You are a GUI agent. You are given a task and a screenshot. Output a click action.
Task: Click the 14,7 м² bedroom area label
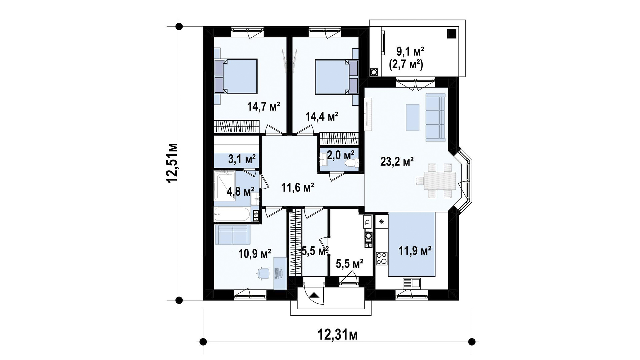click(x=263, y=107)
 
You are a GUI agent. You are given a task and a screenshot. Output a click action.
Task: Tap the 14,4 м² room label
click(x=322, y=116)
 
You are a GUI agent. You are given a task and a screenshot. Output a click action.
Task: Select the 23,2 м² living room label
click(x=397, y=162)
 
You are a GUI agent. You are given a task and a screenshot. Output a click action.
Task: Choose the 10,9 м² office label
click(x=255, y=254)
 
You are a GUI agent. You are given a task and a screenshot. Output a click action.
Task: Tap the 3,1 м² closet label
click(x=242, y=158)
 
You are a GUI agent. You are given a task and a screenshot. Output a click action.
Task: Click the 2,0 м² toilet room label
click(x=340, y=155)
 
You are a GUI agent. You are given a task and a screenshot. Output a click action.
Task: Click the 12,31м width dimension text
click(x=337, y=334)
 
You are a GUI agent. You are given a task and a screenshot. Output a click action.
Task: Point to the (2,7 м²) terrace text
click(x=406, y=64)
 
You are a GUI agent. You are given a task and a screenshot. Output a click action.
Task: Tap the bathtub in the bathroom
click(x=232, y=215)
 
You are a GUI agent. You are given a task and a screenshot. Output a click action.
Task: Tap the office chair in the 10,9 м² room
click(x=263, y=273)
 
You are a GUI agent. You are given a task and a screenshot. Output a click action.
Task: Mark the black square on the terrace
click(x=451, y=33)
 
